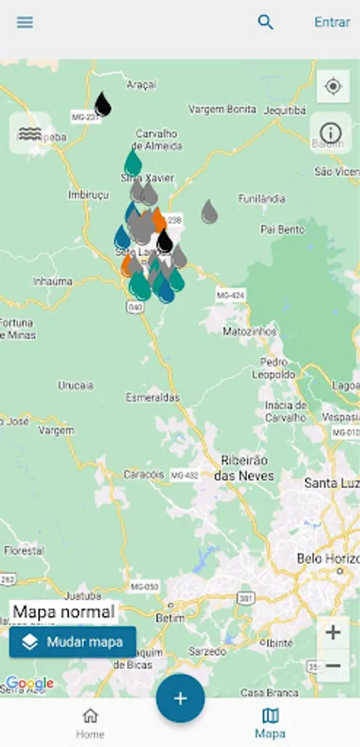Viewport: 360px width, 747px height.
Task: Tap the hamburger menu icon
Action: (25, 22)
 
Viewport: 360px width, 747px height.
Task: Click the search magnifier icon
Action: (265, 22)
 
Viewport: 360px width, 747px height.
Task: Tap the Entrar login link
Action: (332, 22)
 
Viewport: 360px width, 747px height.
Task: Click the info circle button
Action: (331, 133)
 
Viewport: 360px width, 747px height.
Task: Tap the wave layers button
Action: (30, 133)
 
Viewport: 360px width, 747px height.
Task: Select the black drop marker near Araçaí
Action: (103, 105)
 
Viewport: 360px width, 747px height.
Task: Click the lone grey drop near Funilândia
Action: (210, 212)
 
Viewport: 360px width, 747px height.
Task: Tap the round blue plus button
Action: (180, 698)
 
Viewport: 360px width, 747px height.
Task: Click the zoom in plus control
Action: (333, 632)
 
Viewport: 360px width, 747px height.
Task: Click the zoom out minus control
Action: (333, 666)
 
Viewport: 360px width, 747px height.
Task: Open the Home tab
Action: (90, 722)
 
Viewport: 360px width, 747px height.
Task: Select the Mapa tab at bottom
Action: (270, 722)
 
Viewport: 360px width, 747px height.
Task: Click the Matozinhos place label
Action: (247, 331)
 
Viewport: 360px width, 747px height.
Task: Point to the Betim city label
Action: (168, 618)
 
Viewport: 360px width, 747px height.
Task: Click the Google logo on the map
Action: (30, 684)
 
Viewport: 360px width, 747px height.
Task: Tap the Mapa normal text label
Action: (64, 613)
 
